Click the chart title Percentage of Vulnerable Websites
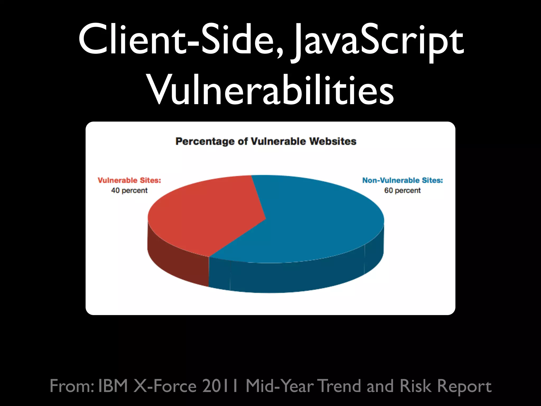click(266, 141)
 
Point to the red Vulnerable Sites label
click(129, 180)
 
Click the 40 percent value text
click(129, 190)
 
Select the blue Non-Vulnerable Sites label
click(402, 180)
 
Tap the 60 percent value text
click(402, 190)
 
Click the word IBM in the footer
click(113, 386)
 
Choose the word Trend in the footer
click(340, 386)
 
